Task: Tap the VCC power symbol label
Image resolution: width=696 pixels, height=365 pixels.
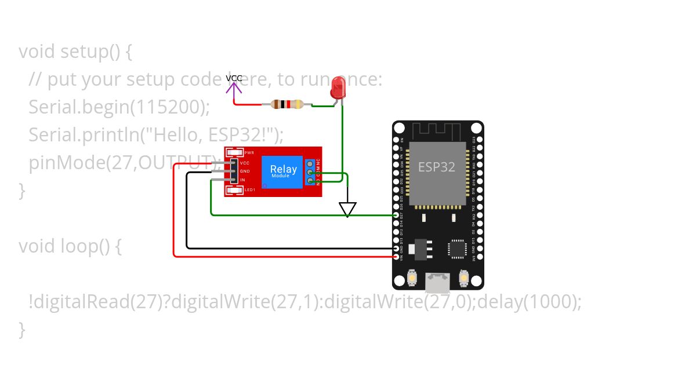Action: (234, 78)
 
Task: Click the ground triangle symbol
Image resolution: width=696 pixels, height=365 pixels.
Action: (347, 209)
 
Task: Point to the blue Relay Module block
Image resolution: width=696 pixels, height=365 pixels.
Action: (282, 171)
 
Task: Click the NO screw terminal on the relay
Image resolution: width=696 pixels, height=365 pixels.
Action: (310, 181)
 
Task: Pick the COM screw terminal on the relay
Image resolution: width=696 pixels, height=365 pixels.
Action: (310, 173)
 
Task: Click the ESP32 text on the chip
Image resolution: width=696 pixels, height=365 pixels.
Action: (437, 167)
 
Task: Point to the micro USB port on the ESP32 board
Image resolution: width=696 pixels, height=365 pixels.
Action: (437, 283)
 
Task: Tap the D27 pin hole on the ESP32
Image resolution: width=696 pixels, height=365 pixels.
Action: (396, 215)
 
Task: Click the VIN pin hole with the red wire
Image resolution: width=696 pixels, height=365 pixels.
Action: (396, 256)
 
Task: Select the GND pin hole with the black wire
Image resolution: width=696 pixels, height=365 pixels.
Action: (396, 248)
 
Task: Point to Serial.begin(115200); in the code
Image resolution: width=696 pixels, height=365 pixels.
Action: (119, 107)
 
